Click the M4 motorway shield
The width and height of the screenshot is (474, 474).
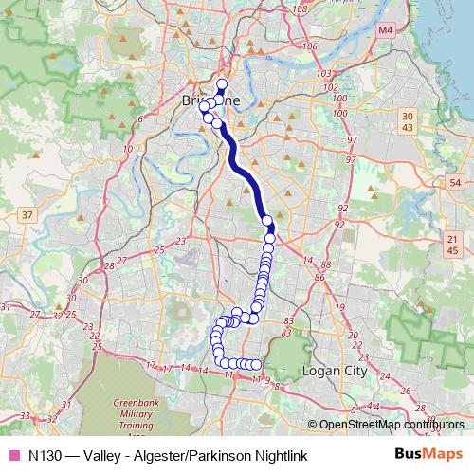click(x=384, y=30)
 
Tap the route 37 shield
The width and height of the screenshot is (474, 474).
click(x=27, y=215)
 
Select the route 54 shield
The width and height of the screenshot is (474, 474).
click(x=455, y=182)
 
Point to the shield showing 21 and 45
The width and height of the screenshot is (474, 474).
click(x=451, y=245)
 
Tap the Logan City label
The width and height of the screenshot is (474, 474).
click(x=333, y=371)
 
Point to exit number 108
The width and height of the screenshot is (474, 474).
click(x=301, y=9)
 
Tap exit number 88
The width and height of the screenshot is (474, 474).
click(x=325, y=265)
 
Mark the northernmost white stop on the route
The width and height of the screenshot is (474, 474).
click(x=222, y=84)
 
